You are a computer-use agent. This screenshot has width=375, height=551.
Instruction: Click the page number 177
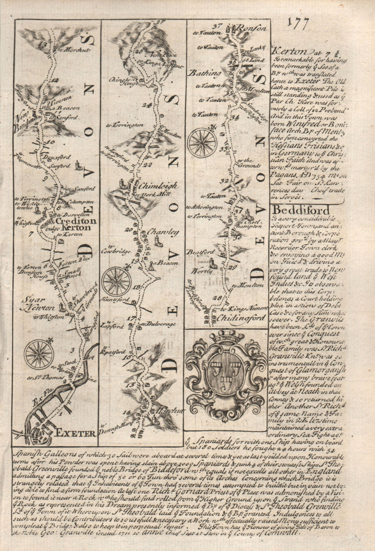298,24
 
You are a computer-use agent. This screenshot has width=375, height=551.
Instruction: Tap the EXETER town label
75,434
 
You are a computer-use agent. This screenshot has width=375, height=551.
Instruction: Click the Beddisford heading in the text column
301,210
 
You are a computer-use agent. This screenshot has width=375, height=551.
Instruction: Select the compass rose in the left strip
39,353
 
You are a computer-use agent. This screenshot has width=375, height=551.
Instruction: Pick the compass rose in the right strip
203,142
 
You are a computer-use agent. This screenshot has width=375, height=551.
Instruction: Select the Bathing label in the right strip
210,74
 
